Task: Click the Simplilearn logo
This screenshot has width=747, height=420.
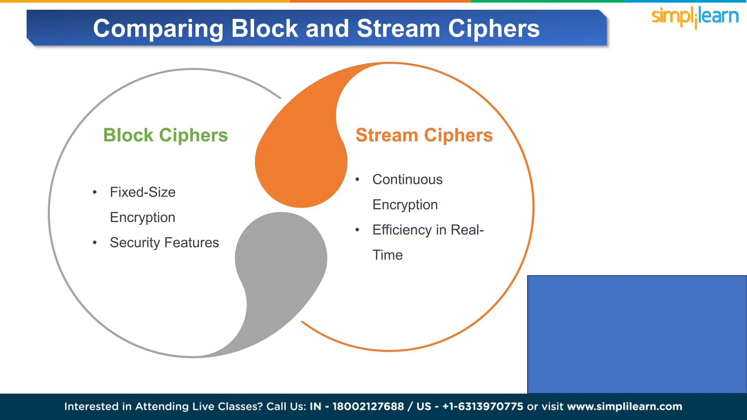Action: pos(695,17)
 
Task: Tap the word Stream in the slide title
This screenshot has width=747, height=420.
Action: pos(398,28)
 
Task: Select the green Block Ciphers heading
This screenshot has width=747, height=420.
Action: pos(165,135)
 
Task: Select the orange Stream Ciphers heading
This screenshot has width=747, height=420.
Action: pos(424,135)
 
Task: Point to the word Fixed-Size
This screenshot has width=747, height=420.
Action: pos(143,192)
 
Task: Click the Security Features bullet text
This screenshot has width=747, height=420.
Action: pos(164,242)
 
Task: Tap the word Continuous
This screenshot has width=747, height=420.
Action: pos(407,179)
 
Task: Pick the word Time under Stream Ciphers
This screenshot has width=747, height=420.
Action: pos(387,255)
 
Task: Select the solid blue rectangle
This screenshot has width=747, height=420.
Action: pos(637,334)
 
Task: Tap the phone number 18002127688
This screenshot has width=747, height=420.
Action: pos(368,407)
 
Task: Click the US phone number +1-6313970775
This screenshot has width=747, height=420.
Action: pos(483,407)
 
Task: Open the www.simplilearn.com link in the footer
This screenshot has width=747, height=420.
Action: pos(624,407)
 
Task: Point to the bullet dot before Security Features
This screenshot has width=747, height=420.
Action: pos(95,242)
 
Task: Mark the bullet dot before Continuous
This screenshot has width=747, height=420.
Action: pos(357,179)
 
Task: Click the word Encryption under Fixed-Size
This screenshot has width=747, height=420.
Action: pos(143,218)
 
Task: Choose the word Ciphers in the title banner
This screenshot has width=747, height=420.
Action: pos(494,28)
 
